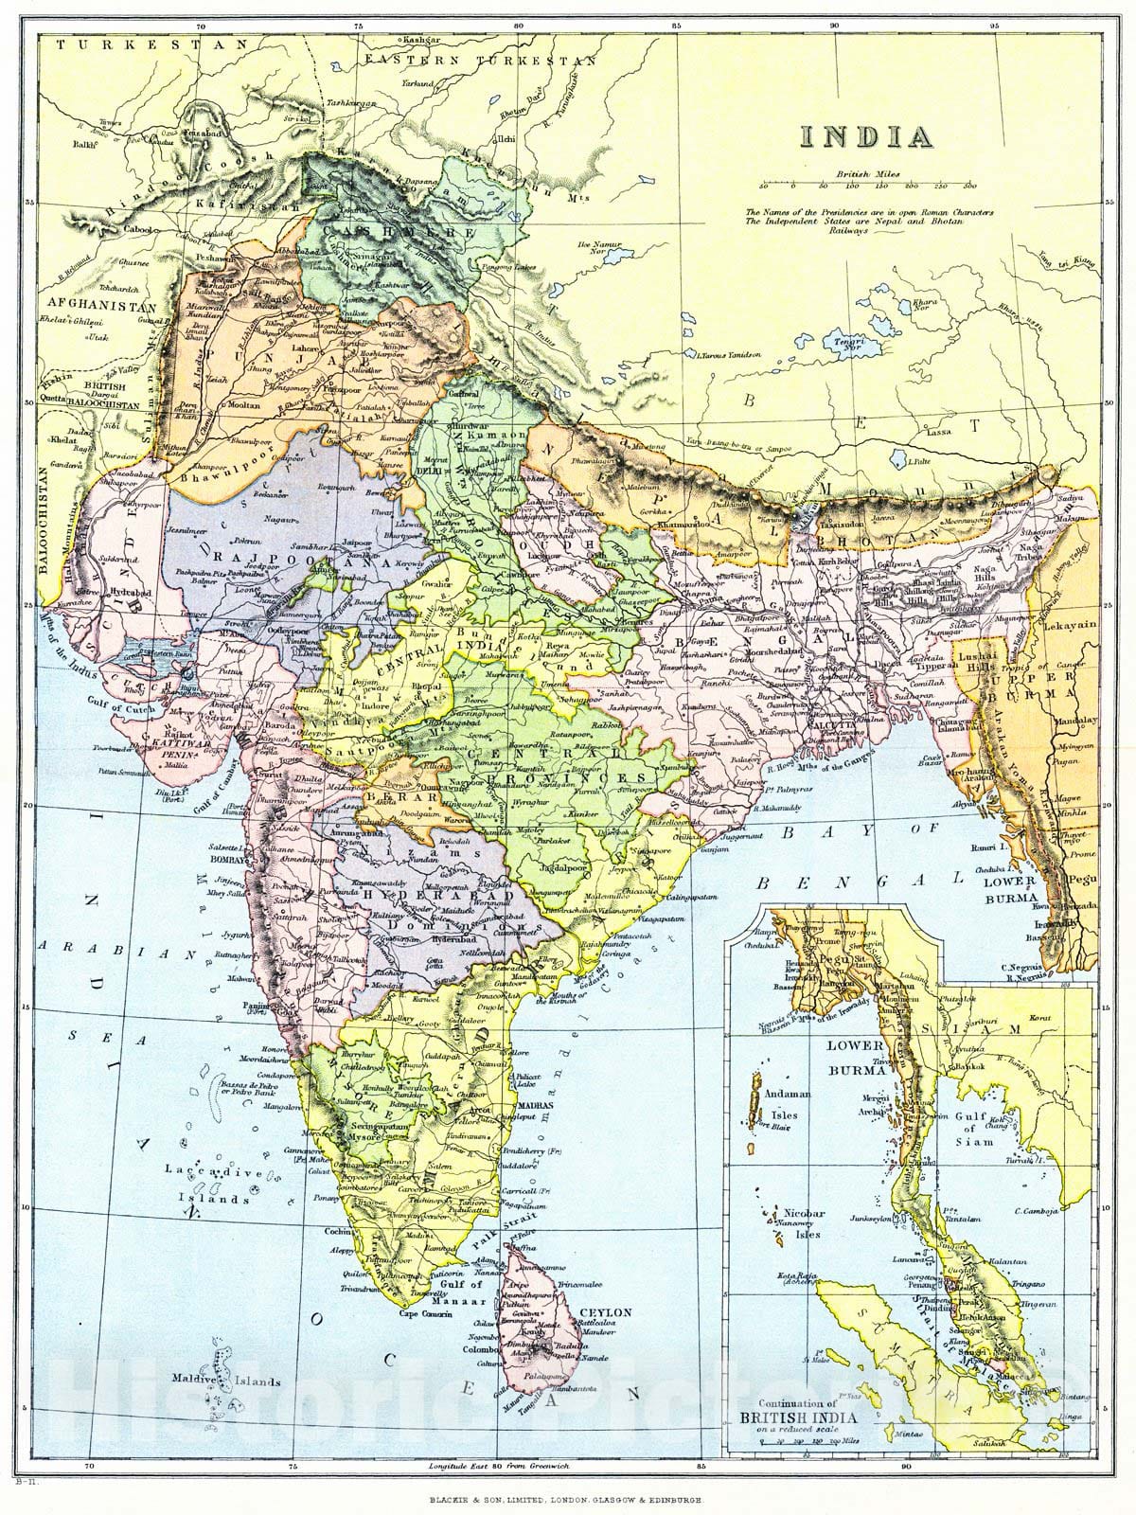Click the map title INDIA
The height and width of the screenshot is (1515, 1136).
[x=865, y=134]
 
